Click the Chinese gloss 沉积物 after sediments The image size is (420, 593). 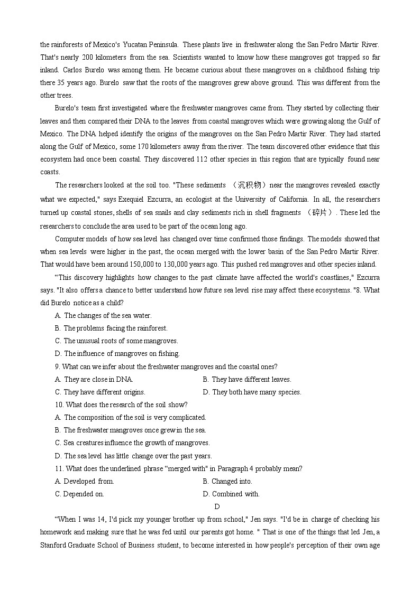(x=250, y=185)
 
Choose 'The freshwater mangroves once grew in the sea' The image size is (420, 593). (x=131, y=430)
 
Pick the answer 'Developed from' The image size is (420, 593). (x=85, y=482)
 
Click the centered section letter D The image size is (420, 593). (x=217, y=507)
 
